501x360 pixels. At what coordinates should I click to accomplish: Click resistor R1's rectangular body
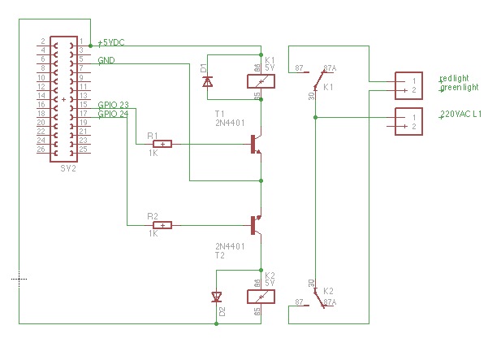(x=164, y=145)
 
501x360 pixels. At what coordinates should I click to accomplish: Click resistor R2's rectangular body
(x=164, y=225)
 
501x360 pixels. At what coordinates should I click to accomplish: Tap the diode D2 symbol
(x=217, y=297)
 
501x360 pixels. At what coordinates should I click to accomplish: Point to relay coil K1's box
(x=260, y=80)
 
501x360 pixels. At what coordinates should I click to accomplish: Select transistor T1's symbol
(x=257, y=144)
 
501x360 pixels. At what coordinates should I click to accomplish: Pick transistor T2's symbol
(x=257, y=225)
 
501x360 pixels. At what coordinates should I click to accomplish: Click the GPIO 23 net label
(x=113, y=105)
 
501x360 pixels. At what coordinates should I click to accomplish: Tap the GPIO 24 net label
(x=113, y=114)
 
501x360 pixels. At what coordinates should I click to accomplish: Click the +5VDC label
(x=111, y=42)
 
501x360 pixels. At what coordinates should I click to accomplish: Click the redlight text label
(x=454, y=79)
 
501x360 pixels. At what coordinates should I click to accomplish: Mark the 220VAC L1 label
(x=460, y=115)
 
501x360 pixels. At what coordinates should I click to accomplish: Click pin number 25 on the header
(x=83, y=150)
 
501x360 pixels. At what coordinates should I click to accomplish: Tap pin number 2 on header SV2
(x=42, y=41)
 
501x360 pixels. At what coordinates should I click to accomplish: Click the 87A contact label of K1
(x=330, y=68)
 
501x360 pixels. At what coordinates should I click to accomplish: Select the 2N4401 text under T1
(x=229, y=124)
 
